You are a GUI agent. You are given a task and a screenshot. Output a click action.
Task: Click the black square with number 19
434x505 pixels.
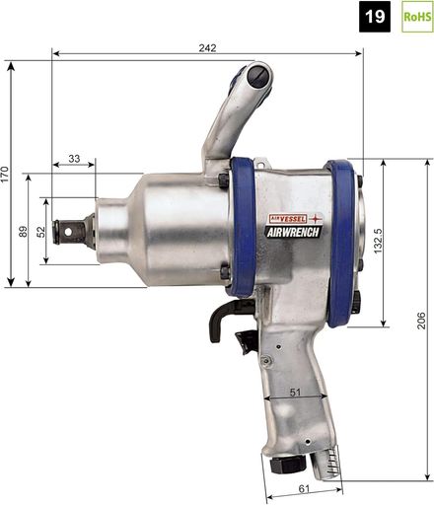375,17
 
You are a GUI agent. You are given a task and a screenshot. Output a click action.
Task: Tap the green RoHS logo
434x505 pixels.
417,17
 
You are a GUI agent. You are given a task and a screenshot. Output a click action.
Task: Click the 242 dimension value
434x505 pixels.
207,48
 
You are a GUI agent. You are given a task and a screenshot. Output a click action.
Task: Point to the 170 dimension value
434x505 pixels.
5,175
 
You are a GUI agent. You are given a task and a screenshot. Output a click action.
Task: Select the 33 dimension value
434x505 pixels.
74,159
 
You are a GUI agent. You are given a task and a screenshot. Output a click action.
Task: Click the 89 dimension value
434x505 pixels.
23,231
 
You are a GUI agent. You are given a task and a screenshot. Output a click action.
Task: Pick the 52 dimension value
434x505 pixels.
40,231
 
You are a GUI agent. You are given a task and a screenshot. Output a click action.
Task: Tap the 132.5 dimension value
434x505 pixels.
378,241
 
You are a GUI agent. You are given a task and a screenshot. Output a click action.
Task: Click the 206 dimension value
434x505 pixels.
421,321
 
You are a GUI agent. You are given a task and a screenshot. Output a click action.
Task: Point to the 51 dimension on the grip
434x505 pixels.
295,392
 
